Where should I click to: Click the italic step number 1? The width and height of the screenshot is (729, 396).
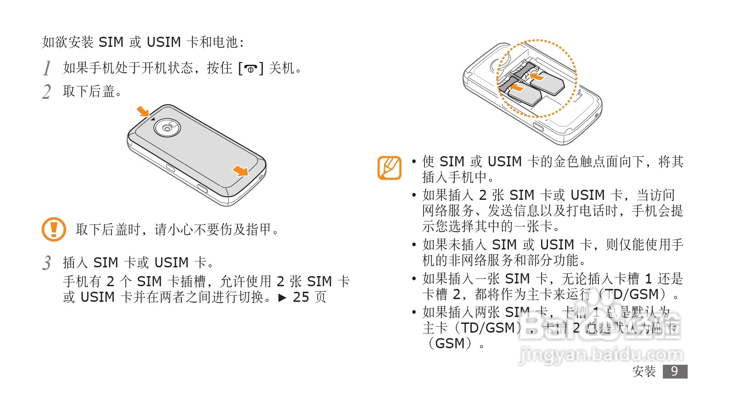tap(46, 68)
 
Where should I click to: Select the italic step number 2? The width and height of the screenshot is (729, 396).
tap(46, 91)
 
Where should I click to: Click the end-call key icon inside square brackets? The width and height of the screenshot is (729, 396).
tap(250, 69)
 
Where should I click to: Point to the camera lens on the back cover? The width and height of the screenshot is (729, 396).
tap(166, 129)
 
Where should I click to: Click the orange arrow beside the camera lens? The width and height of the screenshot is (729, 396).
tap(143, 111)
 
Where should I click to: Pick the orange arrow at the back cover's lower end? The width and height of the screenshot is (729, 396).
tap(240, 171)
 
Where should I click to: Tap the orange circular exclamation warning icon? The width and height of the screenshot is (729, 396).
tap(54, 229)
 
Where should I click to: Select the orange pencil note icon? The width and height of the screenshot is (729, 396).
tap(390, 168)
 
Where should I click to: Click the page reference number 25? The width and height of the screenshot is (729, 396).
tap(301, 297)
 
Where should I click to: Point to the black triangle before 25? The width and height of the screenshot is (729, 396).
tap(283, 298)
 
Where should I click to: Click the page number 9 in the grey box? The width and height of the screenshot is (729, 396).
tap(674, 371)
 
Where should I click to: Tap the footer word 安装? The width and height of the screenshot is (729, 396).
tap(644, 371)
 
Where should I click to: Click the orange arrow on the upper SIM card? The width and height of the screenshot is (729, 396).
tap(537, 75)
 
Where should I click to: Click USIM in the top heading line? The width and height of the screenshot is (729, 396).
tap(164, 42)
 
